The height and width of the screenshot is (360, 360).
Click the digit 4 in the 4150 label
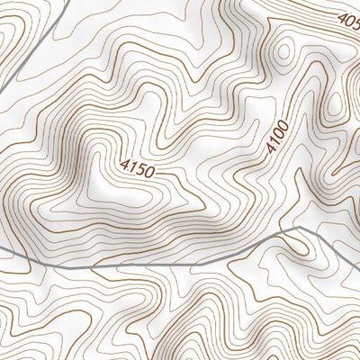tap(123, 163)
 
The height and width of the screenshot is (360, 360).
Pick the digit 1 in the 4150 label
tap(130, 165)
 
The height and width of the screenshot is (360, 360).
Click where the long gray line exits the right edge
tap(357, 257)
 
